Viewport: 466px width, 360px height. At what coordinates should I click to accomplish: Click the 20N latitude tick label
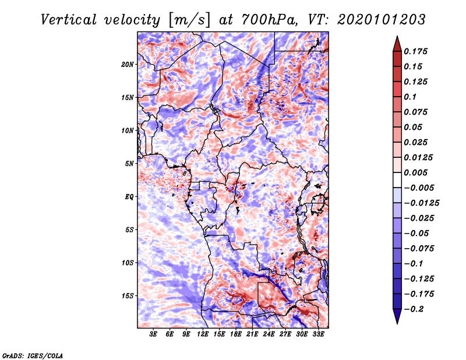(x=128, y=64)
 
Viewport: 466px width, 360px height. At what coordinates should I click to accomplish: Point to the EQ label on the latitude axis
(x=130, y=196)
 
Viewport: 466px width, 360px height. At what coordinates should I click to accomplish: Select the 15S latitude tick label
(x=128, y=295)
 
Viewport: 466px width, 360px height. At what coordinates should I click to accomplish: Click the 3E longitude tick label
(x=154, y=334)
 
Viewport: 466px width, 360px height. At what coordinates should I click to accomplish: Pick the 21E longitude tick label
(x=252, y=334)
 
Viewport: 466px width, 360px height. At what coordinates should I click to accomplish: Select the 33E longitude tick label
(x=318, y=334)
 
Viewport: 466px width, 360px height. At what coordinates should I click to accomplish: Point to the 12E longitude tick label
(x=203, y=334)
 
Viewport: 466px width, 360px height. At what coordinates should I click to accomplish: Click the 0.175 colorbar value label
(x=416, y=51)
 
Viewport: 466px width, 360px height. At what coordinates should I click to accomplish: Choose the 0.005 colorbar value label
(x=416, y=172)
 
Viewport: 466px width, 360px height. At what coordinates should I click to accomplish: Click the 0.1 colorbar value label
(x=411, y=97)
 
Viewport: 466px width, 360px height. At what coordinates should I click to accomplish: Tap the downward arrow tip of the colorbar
(x=397, y=322)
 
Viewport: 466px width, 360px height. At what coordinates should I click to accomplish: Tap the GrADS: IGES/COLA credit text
(x=33, y=355)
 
